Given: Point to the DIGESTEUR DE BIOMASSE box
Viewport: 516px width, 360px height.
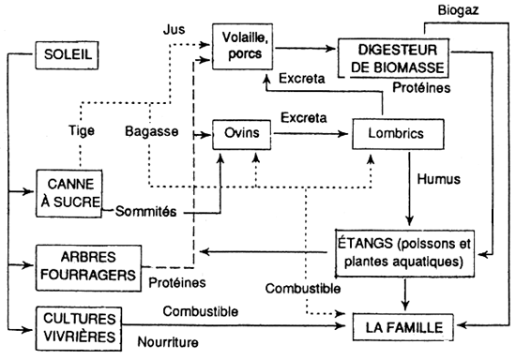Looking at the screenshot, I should (393, 57).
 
